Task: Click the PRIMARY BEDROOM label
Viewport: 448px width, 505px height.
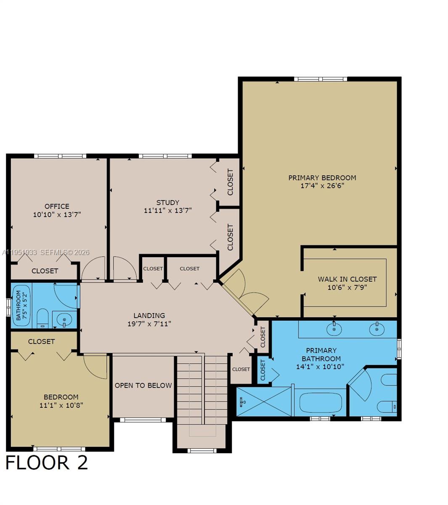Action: (322, 178)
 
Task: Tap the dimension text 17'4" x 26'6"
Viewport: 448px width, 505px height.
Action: (322, 186)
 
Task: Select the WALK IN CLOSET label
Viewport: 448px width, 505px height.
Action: (347, 279)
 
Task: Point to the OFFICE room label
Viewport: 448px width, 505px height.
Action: (57, 206)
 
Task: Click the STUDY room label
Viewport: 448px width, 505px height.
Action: (167, 202)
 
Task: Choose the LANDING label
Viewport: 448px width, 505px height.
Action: (149, 315)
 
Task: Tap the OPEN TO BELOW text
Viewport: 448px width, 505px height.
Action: (143, 385)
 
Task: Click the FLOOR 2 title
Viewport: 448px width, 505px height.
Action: (46, 462)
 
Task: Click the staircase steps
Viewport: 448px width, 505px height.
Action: (202, 391)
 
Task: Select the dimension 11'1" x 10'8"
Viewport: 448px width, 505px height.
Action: (61, 405)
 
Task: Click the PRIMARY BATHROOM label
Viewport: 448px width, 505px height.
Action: (321, 354)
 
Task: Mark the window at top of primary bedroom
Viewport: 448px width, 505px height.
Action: (320, 79)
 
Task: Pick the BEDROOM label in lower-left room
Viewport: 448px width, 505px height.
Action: (61, 397)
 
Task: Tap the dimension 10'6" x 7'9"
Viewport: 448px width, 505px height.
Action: (347, 287)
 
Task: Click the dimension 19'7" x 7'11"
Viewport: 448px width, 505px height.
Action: (149, 324)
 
